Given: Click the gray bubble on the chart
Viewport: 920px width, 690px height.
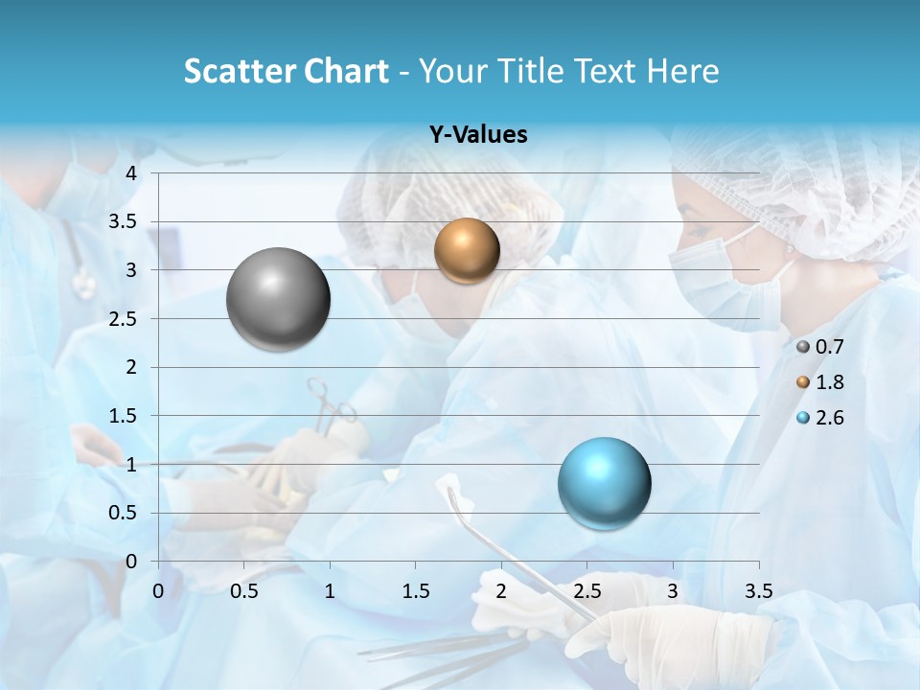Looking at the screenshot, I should [x=278, y=299].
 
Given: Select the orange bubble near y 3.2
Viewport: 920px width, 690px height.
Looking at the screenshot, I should [x=467, y=250].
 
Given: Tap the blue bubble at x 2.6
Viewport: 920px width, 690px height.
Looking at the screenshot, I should [x=604, y=483].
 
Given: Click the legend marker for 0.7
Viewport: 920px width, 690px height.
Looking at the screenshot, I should [x=803, y=346].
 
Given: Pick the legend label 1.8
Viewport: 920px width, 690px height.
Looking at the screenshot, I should [x=829, y=382].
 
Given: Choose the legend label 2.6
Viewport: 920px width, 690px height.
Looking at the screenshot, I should [x=829, y=418].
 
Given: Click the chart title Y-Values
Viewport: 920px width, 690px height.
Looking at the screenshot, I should [x=478, y=135].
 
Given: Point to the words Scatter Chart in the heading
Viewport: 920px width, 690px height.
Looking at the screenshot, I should [x=286, y=71].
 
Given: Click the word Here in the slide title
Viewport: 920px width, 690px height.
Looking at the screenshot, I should [x=682, y=71].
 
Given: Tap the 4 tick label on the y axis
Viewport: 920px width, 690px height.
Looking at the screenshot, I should [x=132, y=173].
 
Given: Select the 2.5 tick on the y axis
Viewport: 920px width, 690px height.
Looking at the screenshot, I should [x=124, y=318].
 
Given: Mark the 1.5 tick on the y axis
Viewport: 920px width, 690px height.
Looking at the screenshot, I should [x=124, y=416].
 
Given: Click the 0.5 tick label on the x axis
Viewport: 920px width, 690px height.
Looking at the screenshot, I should [x=244, y=591].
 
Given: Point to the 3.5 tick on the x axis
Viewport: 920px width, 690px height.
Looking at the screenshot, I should [x=758, y=591].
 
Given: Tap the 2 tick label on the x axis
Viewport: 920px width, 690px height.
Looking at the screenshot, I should [x=501, y=591].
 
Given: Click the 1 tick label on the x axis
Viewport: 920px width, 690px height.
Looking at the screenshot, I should [x=330, y=591].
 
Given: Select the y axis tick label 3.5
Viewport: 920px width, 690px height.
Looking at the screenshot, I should [x=124, y=221].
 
